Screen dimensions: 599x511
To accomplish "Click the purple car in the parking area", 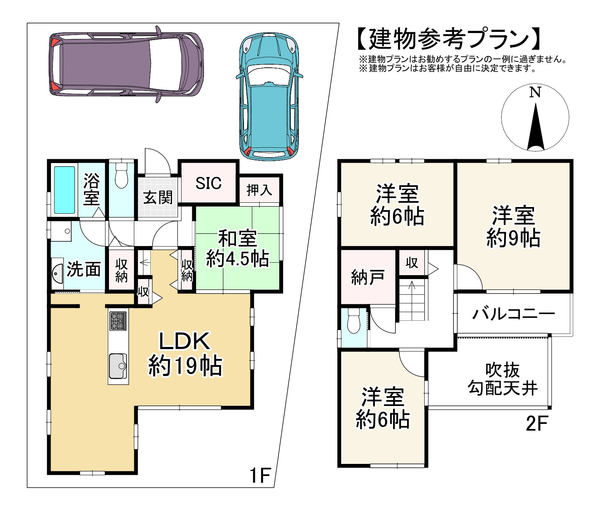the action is (126, 64).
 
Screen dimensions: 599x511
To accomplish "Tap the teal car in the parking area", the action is (269, 97).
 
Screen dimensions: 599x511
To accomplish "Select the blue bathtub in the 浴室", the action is (64, 190).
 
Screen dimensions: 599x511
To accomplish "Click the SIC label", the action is (208, 183).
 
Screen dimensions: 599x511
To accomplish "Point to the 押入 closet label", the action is (259, 190).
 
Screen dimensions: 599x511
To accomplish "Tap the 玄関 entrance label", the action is (158, 198).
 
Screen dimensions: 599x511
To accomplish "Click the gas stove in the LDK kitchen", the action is (118, 321).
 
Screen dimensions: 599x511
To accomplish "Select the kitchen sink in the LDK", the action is (118, 366).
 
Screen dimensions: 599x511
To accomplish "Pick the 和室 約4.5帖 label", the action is (238, 248).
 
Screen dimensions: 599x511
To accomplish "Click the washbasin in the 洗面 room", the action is (57, 273).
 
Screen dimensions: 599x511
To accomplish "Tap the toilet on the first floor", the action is (121, 176).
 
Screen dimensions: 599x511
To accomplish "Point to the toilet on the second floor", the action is (353, 321).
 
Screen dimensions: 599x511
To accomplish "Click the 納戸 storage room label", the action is (368, 277).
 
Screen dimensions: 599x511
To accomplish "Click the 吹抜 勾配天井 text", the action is (503, 379).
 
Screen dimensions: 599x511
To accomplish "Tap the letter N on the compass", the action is (535, 92).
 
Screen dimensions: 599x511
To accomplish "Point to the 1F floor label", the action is (260, 476).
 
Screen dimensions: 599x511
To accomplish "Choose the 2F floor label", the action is (537, 423).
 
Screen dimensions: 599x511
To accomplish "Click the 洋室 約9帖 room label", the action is (513, 227).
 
